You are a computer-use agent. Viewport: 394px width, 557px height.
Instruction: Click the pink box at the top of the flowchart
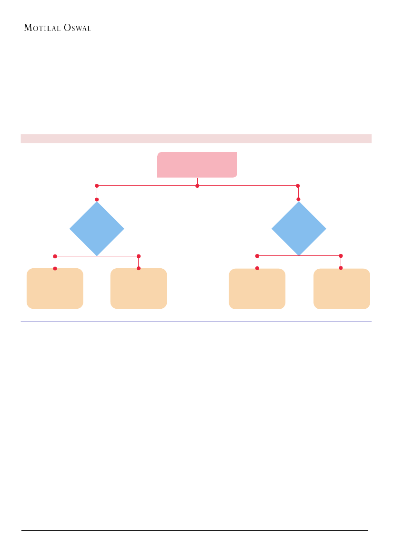pos(197,165)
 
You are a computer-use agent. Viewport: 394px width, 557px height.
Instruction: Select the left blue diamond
pos(97,229)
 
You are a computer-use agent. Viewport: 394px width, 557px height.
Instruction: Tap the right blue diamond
pos(299,229)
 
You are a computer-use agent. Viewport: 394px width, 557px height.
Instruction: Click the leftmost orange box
pos(55,289)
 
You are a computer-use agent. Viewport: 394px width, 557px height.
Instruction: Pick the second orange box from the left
pos(139,289)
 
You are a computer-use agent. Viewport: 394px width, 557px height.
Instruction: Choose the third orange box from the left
pos(257,289)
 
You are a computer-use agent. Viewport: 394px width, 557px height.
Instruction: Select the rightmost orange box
pos(342,289)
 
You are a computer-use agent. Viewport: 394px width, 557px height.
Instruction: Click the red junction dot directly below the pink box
pos(197,185)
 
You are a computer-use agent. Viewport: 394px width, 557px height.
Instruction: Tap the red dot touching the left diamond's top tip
pos(97,199)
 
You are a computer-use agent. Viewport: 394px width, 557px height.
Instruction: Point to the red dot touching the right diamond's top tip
pos(299,199)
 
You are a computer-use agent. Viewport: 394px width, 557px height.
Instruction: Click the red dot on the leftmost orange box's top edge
pos(55,269)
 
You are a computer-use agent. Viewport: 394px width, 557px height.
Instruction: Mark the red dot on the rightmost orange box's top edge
pos(341,268)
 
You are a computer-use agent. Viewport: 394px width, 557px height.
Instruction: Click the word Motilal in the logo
pos(42,28)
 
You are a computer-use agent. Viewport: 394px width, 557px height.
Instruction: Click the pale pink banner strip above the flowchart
pos(196,138)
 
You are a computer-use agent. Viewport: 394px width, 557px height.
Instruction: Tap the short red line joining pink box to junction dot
pos(197,181)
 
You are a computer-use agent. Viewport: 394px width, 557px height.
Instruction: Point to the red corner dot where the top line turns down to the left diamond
pos(97,185)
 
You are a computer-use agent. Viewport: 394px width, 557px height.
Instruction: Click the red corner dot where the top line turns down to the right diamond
pos(298,185)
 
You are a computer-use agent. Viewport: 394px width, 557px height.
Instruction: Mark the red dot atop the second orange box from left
pos(139,268)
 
